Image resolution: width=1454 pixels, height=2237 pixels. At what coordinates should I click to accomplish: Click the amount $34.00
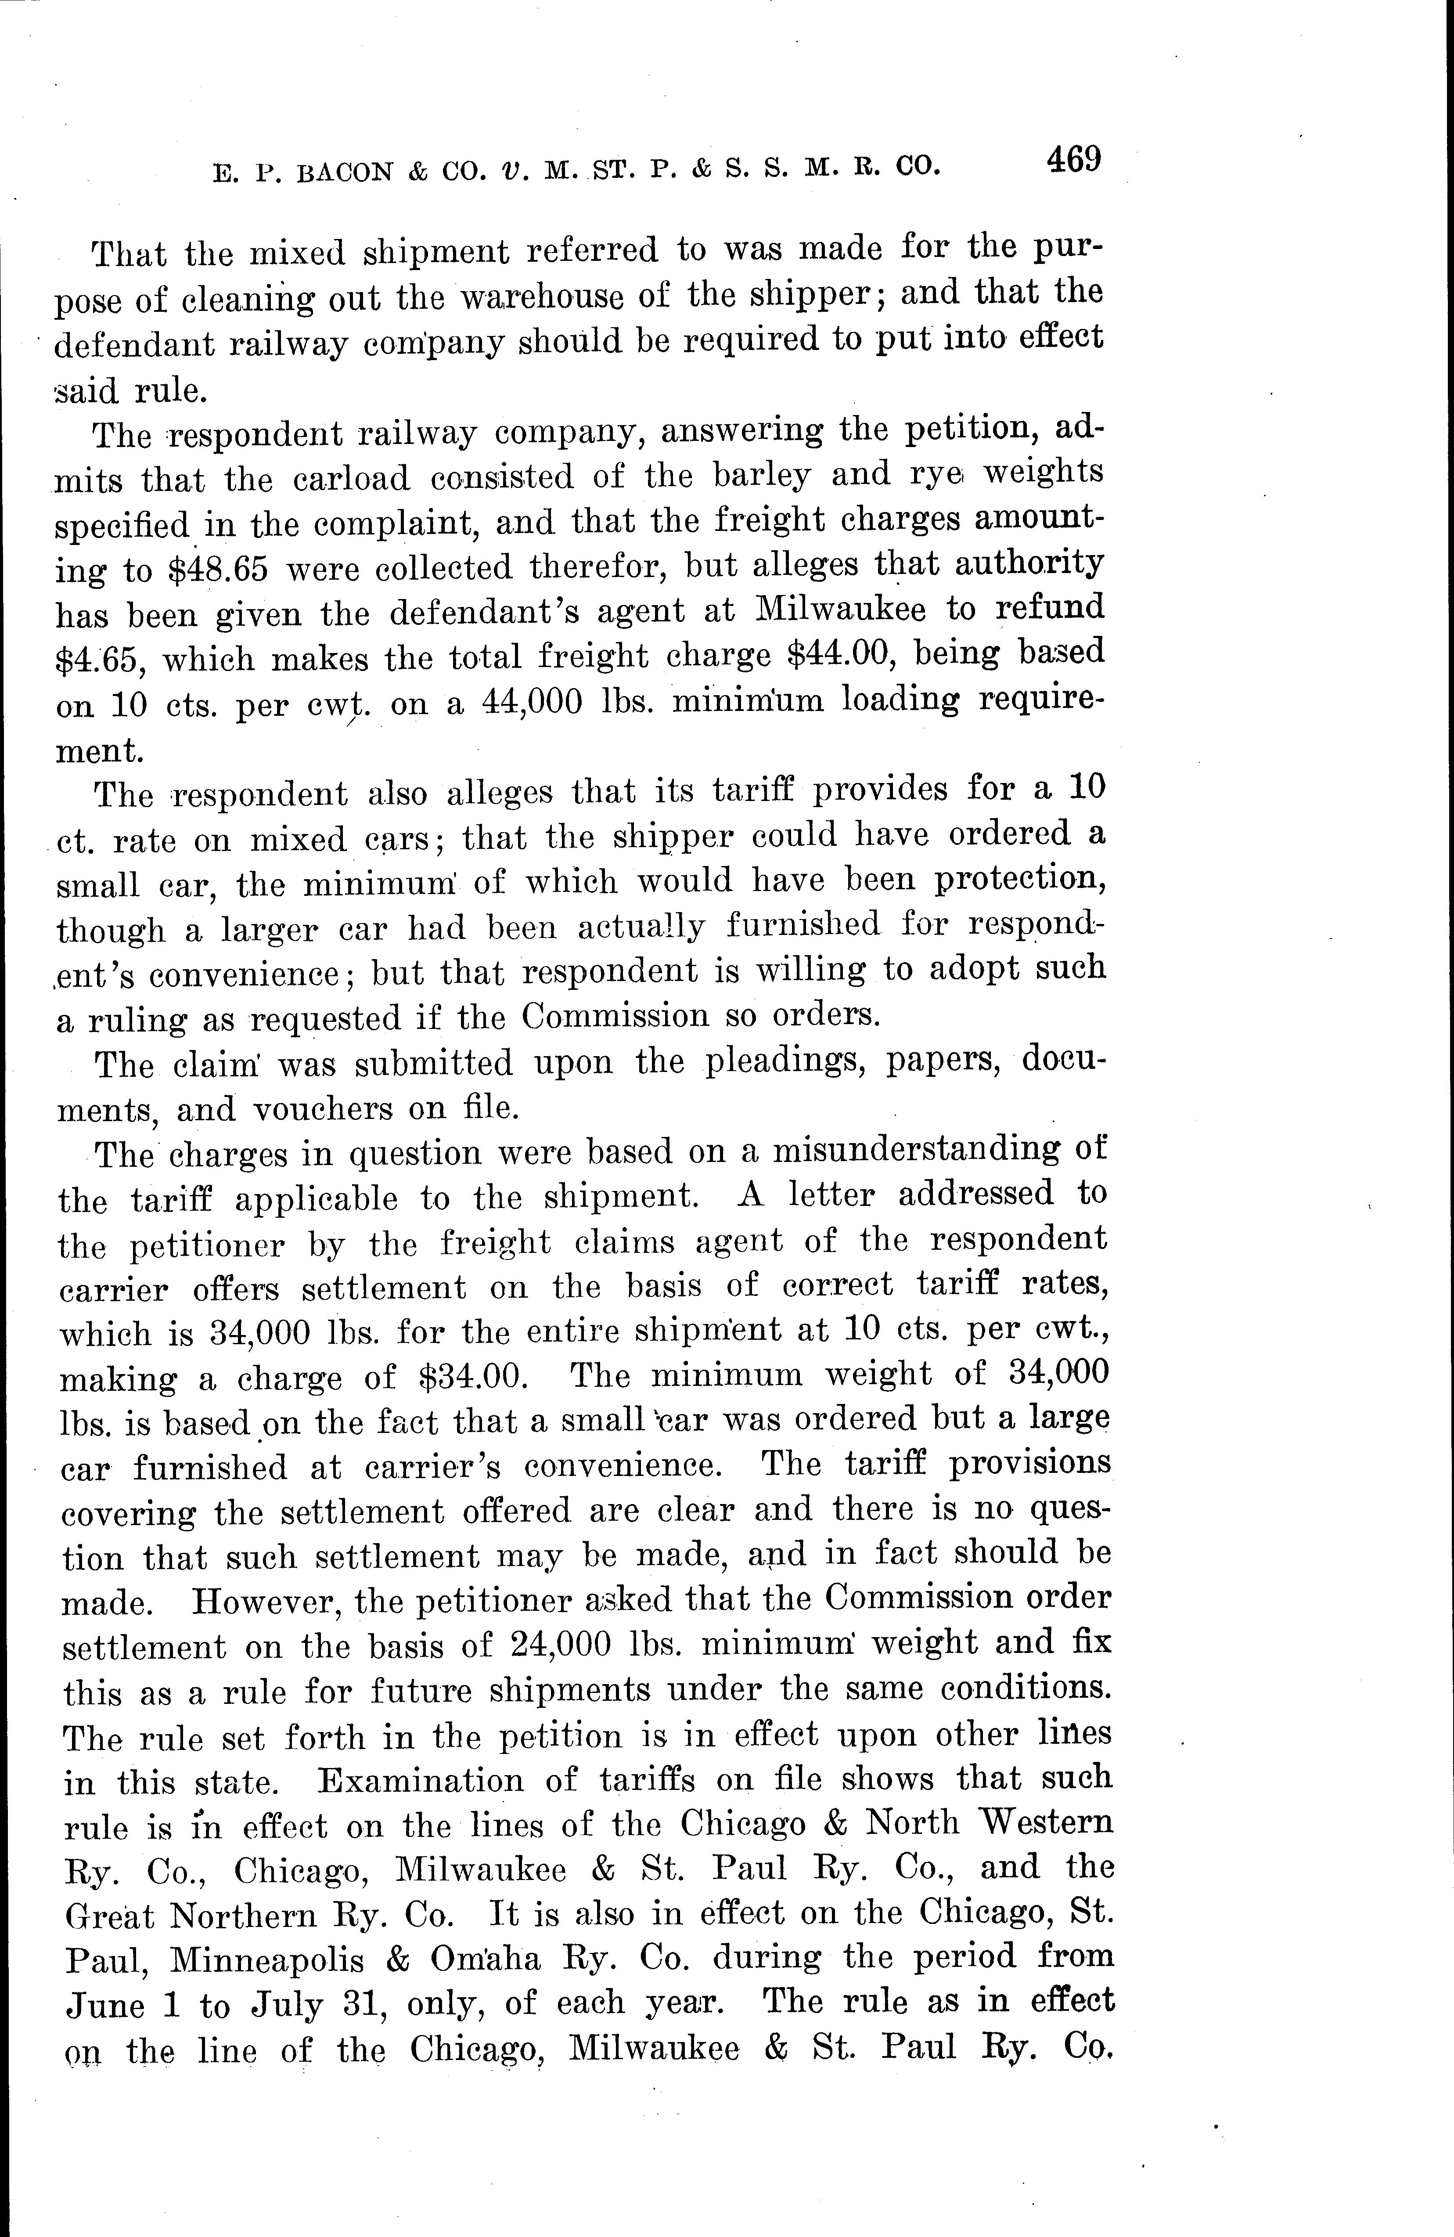coord(467,1378)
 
